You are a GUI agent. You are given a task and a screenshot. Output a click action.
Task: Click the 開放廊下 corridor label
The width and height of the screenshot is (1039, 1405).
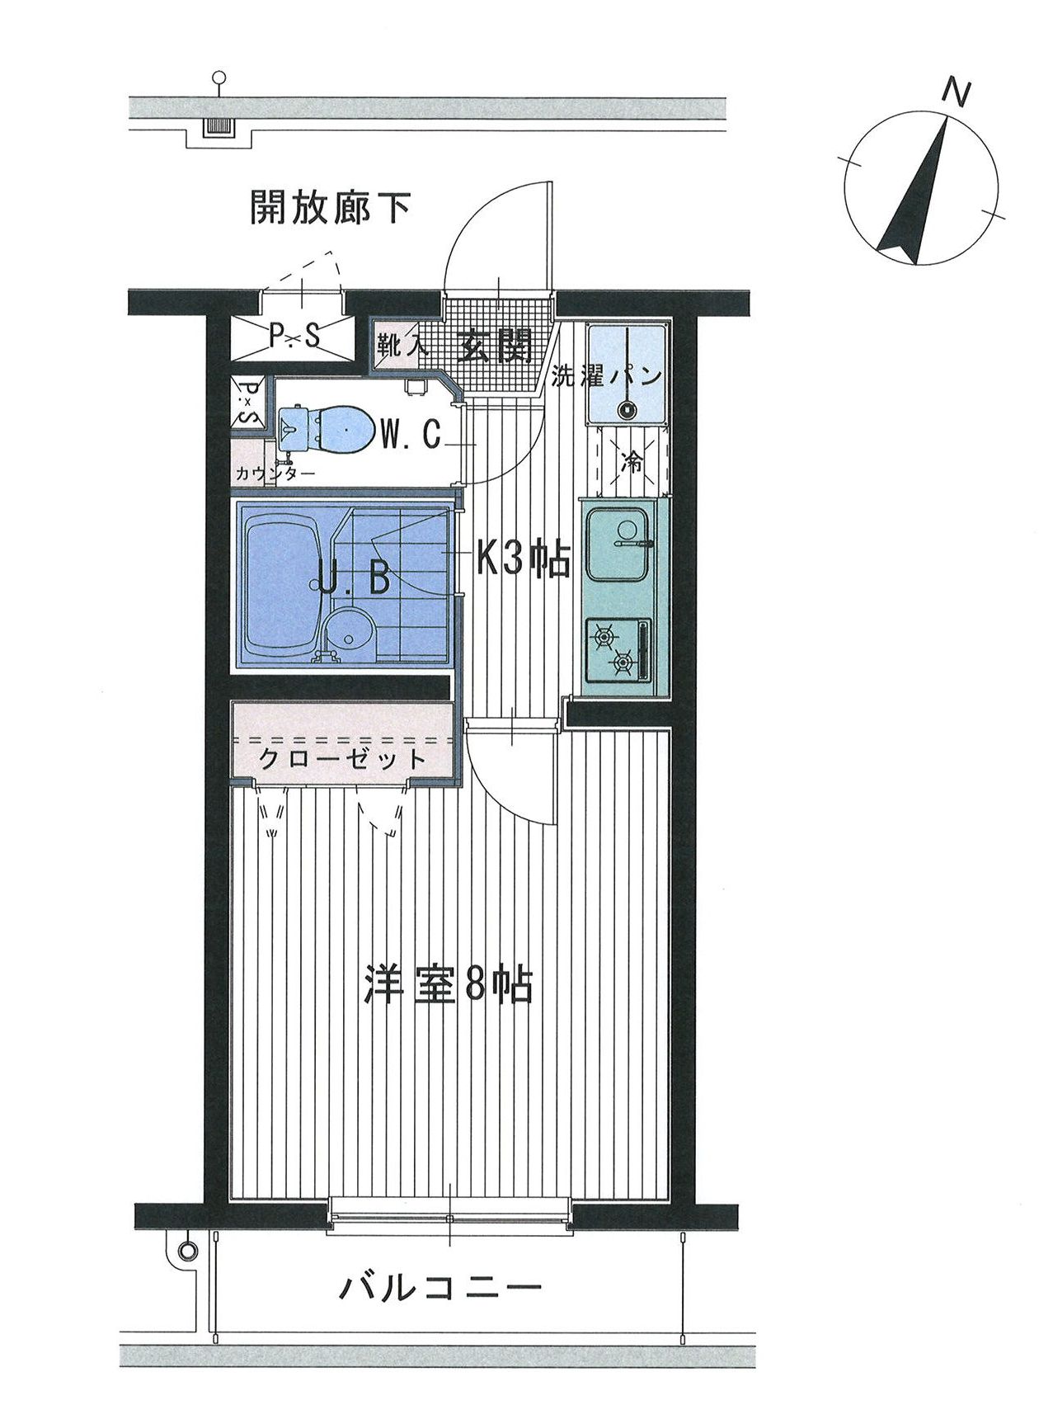click(x=331, y=207)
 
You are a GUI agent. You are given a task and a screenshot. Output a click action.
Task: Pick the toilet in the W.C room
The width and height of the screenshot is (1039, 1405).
click(x=324, y=430)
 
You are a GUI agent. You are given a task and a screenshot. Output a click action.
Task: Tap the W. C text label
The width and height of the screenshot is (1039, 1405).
click(x=413, y=434)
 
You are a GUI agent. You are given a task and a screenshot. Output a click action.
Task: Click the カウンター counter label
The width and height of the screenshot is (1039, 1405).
click(x=275, y=474)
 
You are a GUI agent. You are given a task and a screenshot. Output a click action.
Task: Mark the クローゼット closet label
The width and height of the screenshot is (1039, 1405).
click(x=342, y=758)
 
